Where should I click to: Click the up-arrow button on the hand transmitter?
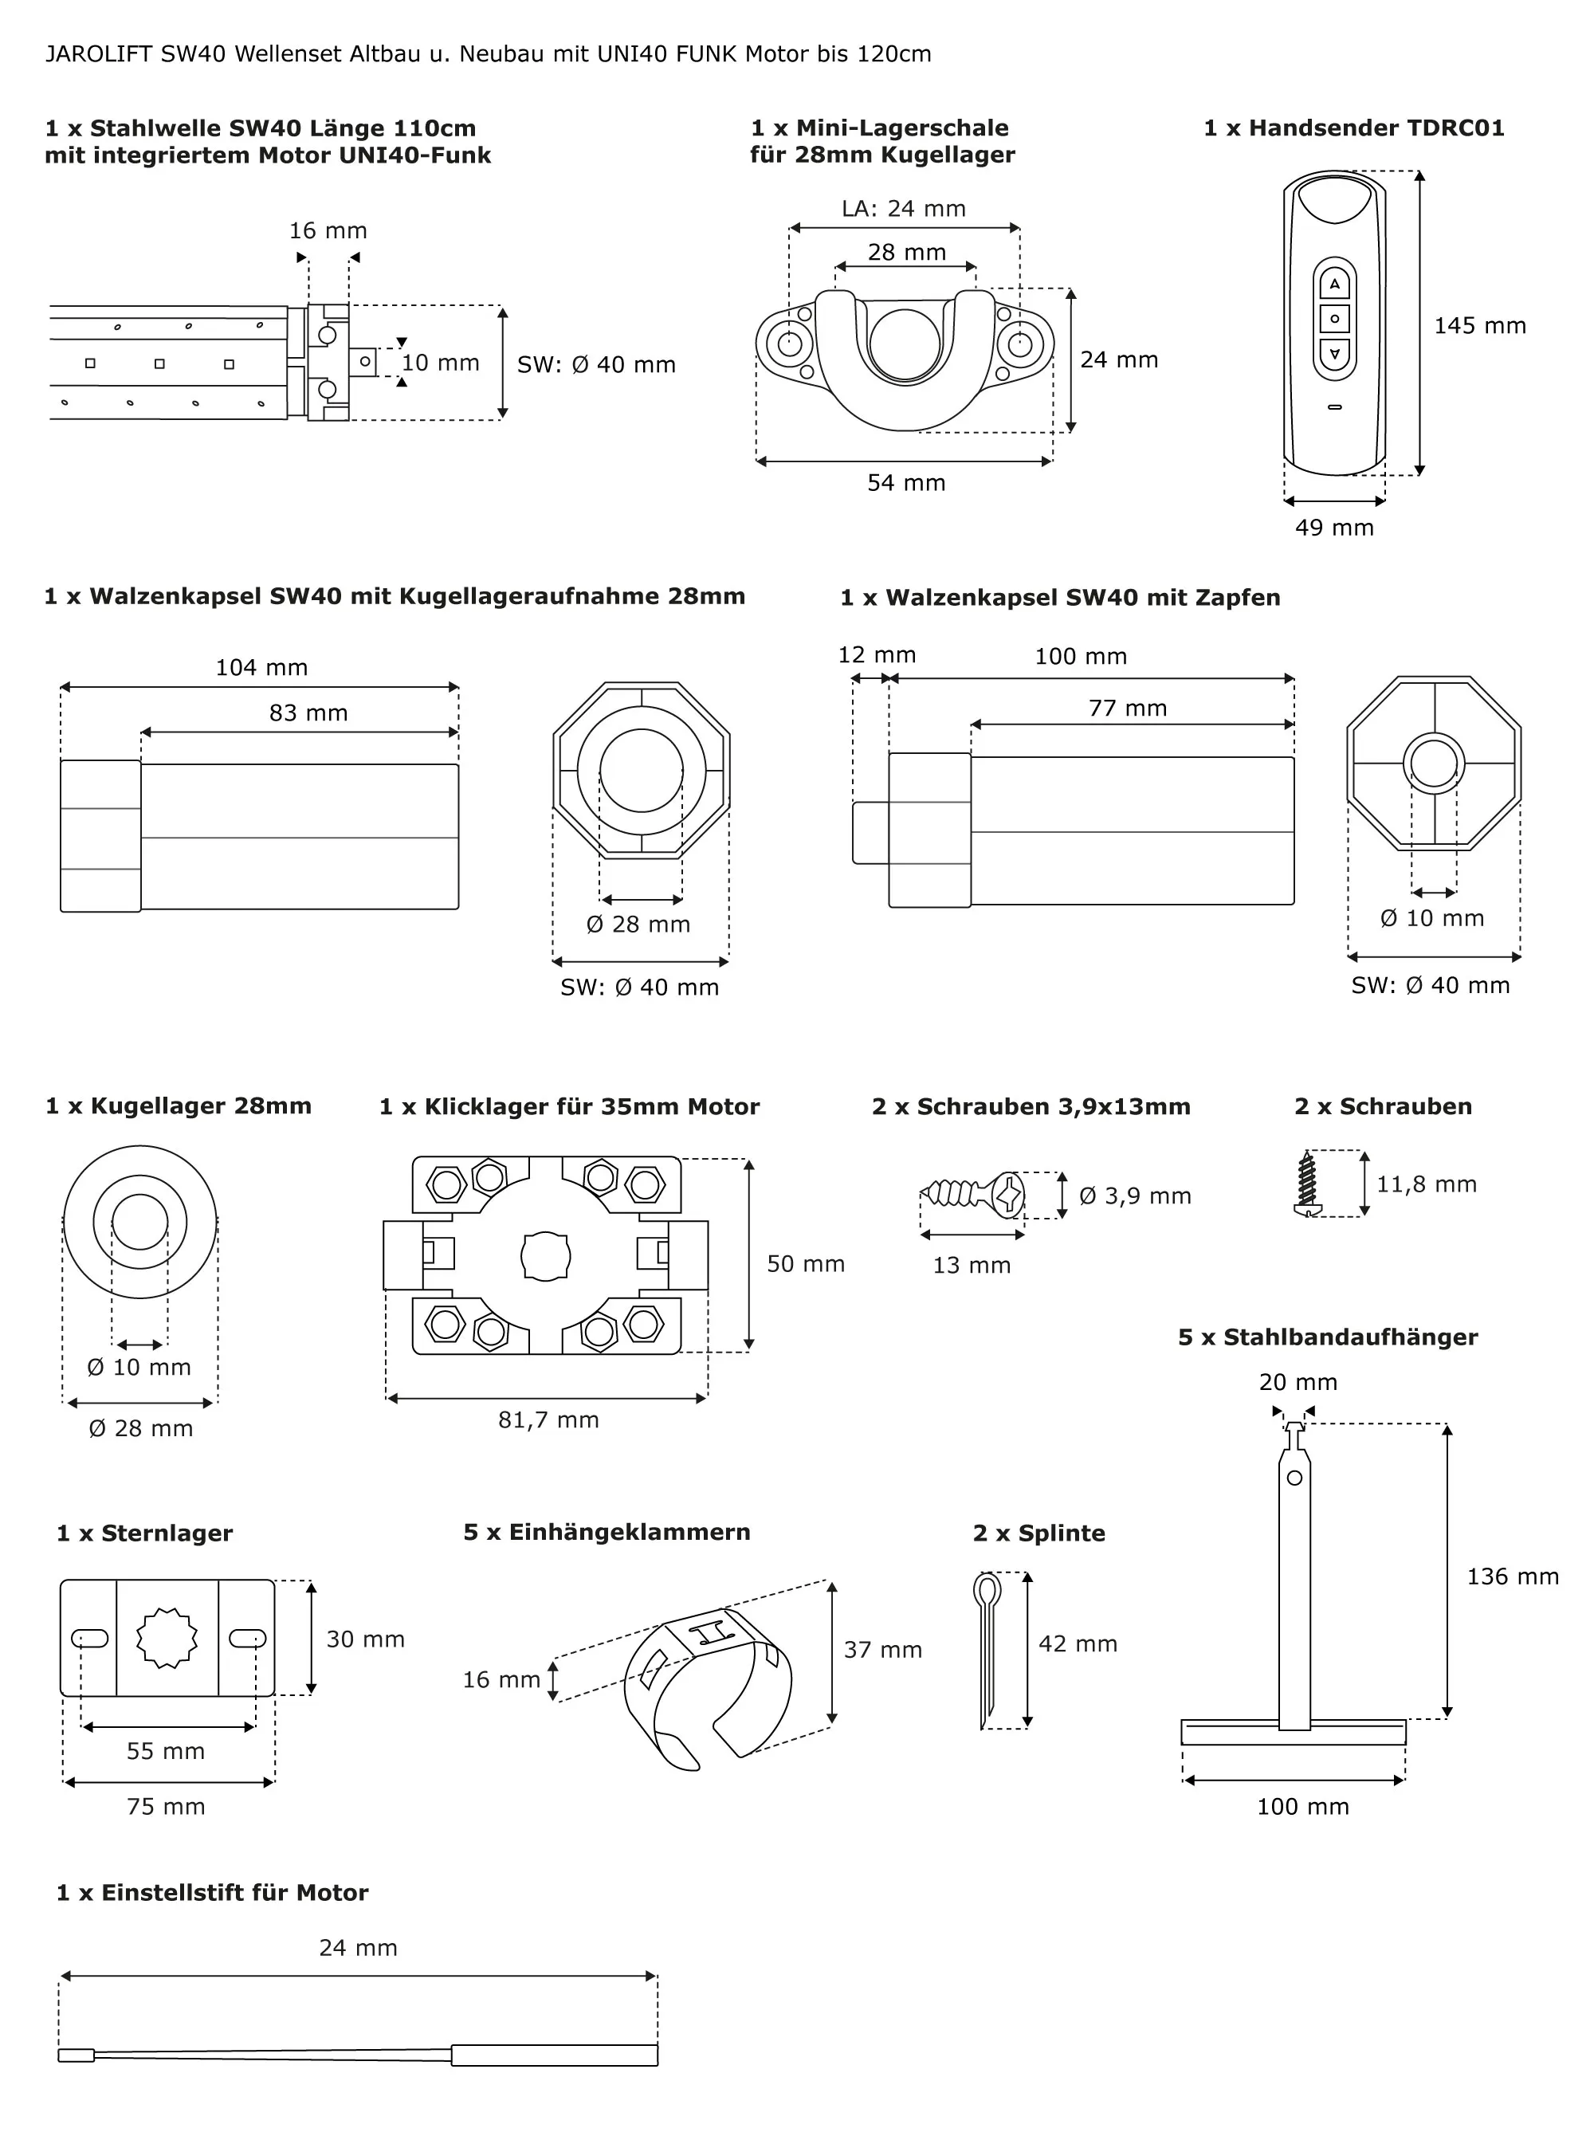coord(1334,285)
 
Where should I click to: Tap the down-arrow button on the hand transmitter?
coord(1334,354)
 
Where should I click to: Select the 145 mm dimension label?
coord(1479,326)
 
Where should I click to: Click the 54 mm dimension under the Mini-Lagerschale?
coord(906,483)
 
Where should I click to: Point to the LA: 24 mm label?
coord(903,209)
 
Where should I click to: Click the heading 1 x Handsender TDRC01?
coord(1353,128)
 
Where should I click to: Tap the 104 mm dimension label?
coord(261,668)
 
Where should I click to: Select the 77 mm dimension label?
coord(1128,709)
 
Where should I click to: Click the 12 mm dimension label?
coord(876,655)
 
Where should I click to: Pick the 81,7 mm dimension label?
coord(548,1419)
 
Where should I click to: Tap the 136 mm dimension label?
coord(1512,1576)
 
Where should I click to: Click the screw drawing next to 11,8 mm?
coord(1308,1184)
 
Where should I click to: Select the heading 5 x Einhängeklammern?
coord(607,1533)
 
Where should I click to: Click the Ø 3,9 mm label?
coord(1135,1196)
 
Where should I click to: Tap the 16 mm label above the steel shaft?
coord(328,231)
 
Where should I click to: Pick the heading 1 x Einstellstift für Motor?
coord(212,1893)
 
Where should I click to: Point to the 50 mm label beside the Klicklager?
coord(806,1263)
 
